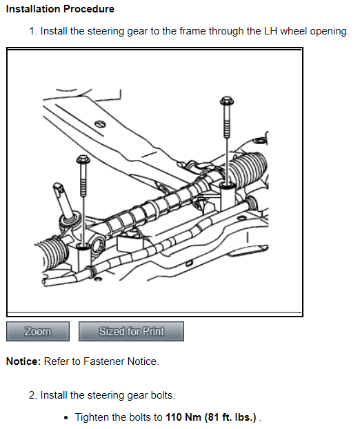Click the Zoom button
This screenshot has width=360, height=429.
click(x=38, y=331)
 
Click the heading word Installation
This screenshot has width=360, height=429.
click(x=33, y=9)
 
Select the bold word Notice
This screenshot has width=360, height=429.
click(x=23, y=361)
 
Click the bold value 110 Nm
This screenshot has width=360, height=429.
click(x=183, y=417)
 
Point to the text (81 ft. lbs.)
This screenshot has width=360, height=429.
click(x=230, y=417)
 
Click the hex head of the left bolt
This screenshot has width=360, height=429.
click(x=83, y=159)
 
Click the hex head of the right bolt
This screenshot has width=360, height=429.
click(x=227, y=101)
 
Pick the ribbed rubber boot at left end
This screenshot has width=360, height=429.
click(x=53, y=252)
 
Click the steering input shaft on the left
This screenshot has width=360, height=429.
click(x=63, y=200)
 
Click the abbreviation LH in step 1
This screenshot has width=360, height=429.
click(x=270, y=31)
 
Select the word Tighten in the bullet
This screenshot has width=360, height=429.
click(x=92, y=417)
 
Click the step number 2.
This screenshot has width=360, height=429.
click(x=33, y=395)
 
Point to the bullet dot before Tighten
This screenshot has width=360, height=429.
click(x=66, y=418)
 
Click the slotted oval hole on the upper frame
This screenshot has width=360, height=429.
click(x=100, y=124)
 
